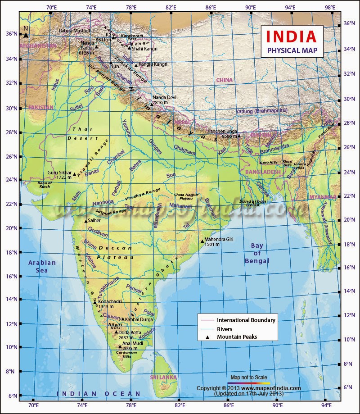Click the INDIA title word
coord(293,36)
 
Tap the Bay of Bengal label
coord(257,253)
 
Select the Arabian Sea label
coord(42,266)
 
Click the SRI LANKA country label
coord(164,377)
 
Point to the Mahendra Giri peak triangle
coord(202,241)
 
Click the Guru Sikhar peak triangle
coord(75,174)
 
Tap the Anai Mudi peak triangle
coord(120,346)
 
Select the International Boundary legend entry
coord(246,320)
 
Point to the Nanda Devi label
coord(164,97)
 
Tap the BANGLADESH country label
coord(263,172)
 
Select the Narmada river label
coord(103,202)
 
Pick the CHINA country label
coord(224,80)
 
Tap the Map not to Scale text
coord(249,377)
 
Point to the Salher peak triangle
coord(86,221)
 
